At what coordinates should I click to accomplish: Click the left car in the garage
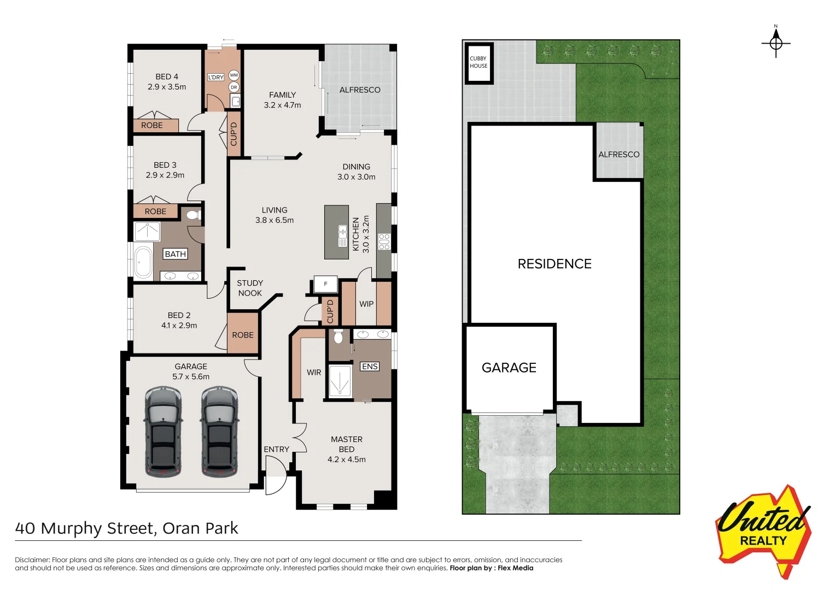162,432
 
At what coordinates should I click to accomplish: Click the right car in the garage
219,432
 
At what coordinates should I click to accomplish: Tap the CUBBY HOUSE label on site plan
478,62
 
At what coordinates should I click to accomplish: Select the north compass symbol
775,43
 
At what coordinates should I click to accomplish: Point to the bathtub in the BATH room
143,262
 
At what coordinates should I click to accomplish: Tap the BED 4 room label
167,76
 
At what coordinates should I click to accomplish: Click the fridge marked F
326,284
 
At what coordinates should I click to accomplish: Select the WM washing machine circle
234,75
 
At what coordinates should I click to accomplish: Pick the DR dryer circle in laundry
234,87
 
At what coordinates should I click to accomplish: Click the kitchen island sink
343,235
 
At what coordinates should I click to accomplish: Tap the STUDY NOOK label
250,288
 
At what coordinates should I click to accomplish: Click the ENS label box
370,367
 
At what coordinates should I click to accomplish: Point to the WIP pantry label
366,304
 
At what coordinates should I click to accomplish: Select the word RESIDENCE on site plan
554,264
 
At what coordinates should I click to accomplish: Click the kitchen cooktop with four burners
384,241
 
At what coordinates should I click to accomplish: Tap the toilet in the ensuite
338,337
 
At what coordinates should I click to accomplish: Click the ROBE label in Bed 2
243,335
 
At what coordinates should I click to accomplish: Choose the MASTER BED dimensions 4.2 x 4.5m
347,459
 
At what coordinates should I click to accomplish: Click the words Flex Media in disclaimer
515,568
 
